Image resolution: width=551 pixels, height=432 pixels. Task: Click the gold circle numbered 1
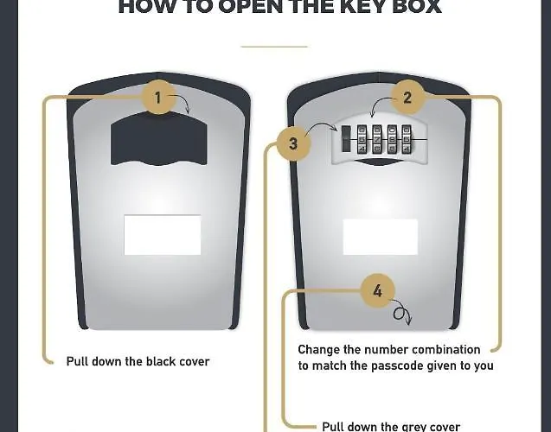(157, 98)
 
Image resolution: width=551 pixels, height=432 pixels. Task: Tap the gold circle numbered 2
(407, 98)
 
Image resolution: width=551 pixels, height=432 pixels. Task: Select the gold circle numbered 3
(293, 144)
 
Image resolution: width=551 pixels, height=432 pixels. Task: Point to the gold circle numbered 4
(377, 291)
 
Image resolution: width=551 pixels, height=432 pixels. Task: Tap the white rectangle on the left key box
(163, 235)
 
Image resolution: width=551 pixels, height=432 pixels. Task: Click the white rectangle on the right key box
(381, 235)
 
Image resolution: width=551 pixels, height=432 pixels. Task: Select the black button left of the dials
(346, 139)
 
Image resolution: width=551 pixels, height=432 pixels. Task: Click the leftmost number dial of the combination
(362, 139)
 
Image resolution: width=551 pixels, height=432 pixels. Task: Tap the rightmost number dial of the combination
(407, 139)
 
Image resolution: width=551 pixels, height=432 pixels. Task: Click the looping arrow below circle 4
(401, 315)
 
